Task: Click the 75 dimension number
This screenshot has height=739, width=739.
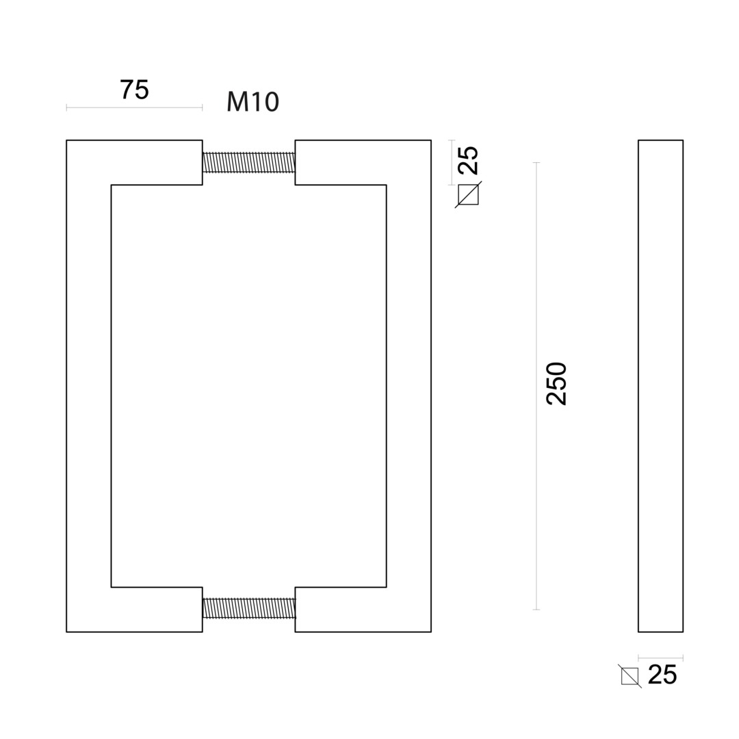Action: pos(134,90)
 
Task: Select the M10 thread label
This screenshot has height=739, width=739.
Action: pos(252,102)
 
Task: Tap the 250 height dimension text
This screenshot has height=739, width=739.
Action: pos(556,384)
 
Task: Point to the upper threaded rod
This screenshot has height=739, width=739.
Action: pos(249,162)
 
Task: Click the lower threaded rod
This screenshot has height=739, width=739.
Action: pos(249,608)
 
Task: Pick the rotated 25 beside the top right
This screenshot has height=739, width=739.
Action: pos(468,160)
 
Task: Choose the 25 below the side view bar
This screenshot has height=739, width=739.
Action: pos(662,675)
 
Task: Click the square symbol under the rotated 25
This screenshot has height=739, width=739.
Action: pos(468,194)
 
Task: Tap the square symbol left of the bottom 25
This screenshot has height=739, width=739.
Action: pos(630,676)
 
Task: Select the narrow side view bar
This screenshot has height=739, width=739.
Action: pos(660,386)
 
